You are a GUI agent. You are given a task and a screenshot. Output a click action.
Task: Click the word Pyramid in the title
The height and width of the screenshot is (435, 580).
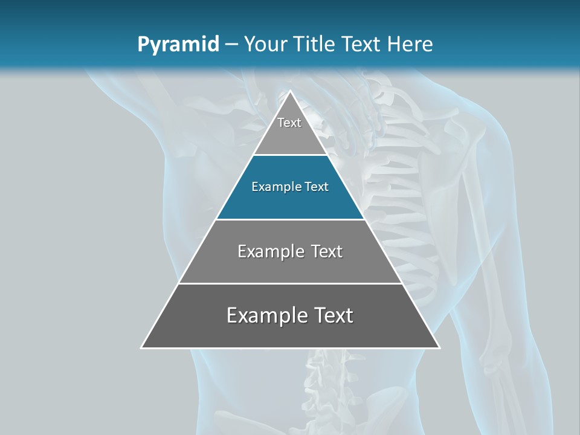[x=178, y=45]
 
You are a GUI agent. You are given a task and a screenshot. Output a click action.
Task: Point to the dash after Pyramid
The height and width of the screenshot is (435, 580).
[x=231, y=45]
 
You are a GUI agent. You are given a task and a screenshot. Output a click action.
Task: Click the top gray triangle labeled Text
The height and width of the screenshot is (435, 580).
[x=290, y=136]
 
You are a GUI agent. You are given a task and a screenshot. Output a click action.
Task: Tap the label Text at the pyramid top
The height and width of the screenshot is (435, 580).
[x=289, y=123]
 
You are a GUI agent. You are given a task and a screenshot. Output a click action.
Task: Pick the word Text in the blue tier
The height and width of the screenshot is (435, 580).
[x=317, y=187]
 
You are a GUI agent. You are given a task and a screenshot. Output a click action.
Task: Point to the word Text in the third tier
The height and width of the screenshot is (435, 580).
[x=326, y=251]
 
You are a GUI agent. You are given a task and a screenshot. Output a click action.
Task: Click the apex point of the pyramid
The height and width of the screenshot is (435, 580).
[x=290, y=92]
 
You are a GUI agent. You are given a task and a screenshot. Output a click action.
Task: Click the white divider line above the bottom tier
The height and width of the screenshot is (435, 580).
[x=290, y=283]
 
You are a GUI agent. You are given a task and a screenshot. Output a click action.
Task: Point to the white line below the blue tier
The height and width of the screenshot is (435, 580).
[x=290, y=219]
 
